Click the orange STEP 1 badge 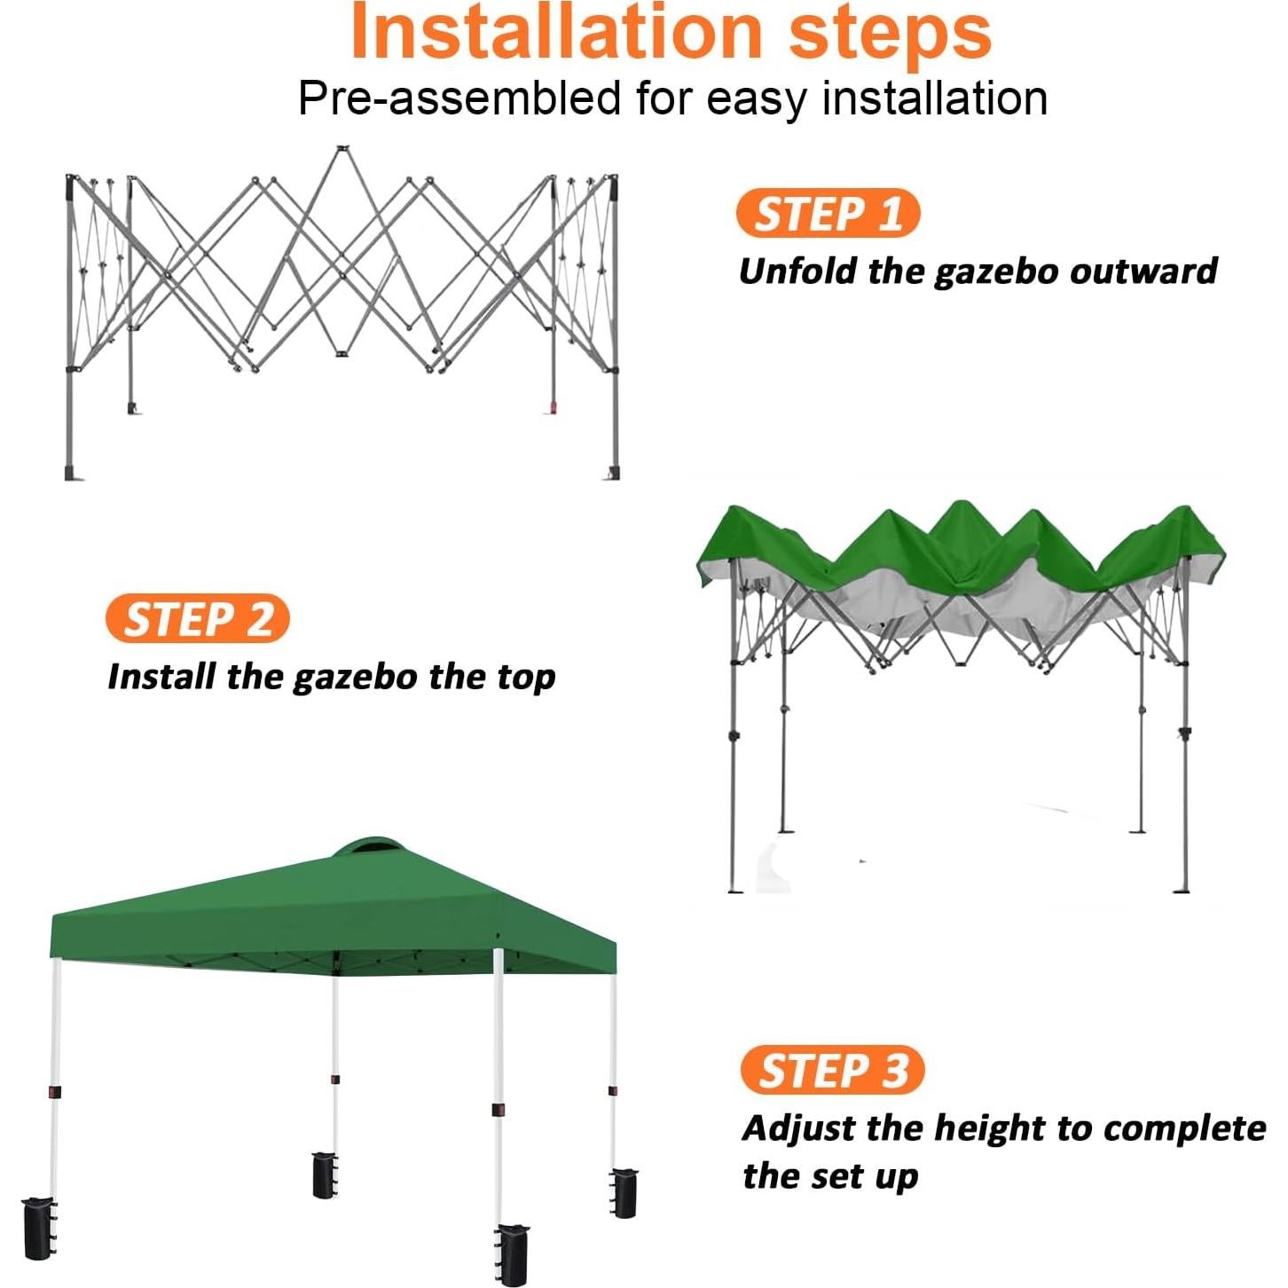(x=828, y=214)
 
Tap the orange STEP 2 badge (x=197, y=619)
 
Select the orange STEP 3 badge (x=832, y=1070)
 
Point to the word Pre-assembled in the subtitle (x=459, y=98)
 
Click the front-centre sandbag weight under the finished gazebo (x=513, y=1253)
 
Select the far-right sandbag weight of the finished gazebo (x=624, y=1192)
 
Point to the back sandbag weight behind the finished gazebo (x=325, y=1174)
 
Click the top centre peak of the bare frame (x=340, y=151)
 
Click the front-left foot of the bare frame (x=71, y=473)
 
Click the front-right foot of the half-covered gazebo (x=1181, y=888)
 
